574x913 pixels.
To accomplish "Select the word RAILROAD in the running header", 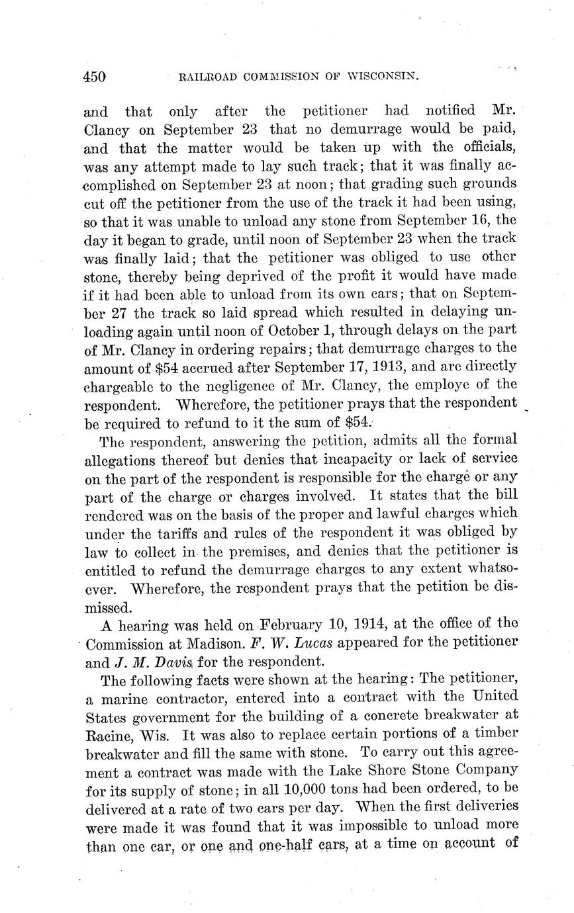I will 204,77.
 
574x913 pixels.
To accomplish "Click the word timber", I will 493,734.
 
